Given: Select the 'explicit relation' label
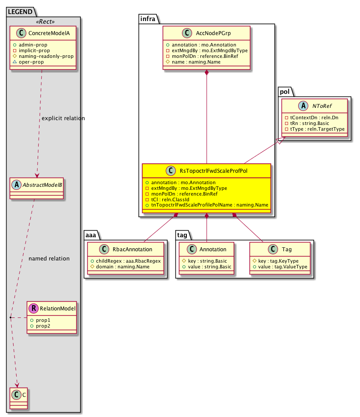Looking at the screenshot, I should tap(63, 118).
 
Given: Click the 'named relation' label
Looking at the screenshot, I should tap(49, 258).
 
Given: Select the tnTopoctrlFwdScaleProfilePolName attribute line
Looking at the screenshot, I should tap(207, 205).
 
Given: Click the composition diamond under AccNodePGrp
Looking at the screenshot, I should tap(207, 73).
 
